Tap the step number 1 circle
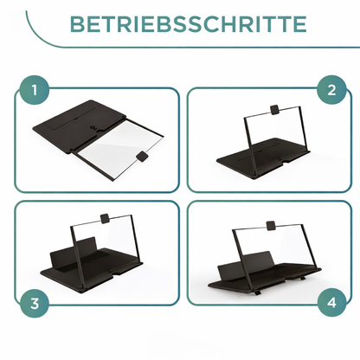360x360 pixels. [x=32, y=89]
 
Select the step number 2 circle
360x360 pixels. [x=330, y=89]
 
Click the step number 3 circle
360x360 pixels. [x=32, y=304]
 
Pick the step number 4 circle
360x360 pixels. [x=330, y=304]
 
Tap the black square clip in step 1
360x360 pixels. [x=140, y=156]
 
